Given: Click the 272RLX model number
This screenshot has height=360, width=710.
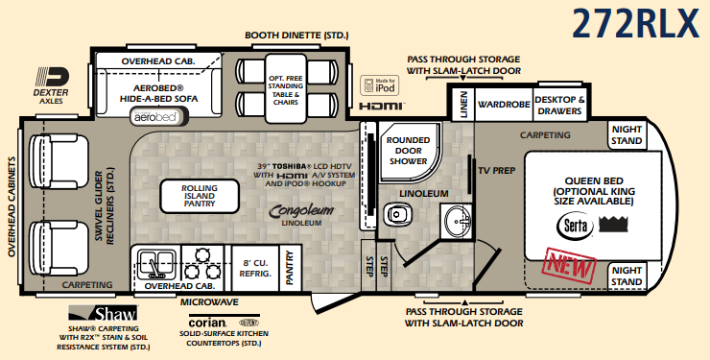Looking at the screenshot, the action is pos(636,23).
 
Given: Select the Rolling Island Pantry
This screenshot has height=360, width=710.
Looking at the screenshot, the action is pos(200,196).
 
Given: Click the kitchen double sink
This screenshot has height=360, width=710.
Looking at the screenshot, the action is pos(155,264).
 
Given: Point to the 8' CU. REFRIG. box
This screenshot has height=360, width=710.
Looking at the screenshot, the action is pos(255,268).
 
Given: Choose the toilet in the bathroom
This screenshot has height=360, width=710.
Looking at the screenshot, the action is pos(397,214).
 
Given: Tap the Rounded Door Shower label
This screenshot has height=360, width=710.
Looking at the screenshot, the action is pos(408,151).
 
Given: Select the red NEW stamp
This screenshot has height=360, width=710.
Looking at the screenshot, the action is pos(569,266).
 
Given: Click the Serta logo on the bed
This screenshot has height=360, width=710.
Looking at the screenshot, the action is pos(575,225).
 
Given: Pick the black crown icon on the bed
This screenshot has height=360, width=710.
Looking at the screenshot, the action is pos(613,224).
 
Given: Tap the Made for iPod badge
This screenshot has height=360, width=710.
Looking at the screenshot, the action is pos(380,85).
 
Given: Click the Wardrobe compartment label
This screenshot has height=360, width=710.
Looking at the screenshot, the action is pos(504,105).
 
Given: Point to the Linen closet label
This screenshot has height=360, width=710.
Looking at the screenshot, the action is pos(463,105).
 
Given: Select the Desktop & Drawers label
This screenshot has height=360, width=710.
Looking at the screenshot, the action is pos(559,106).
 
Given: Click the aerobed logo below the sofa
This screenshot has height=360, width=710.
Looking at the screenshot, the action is pos(155,116).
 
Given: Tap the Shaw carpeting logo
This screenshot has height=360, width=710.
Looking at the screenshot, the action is pos(103,313).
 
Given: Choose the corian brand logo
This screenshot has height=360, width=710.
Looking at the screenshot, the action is pos(207,323).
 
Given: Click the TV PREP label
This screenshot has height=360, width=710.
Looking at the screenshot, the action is pos(497,171).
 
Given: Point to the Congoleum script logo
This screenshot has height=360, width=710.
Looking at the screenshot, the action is pos(301,211).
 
